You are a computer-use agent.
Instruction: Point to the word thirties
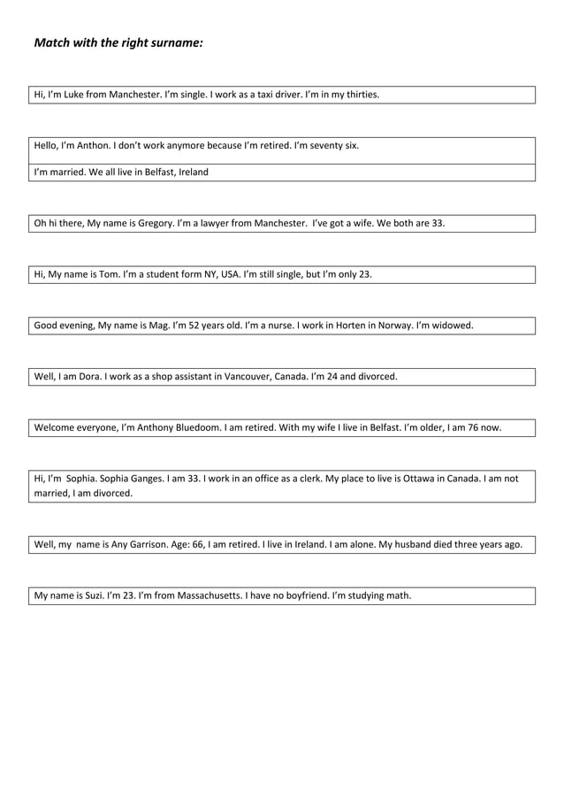pos(362,94)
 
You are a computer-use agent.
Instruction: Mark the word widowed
pos(452,325)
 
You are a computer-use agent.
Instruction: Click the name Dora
pos(91,376)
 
